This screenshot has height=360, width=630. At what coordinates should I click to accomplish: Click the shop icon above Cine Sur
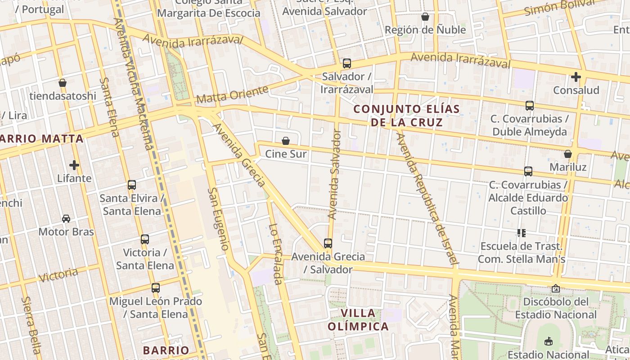[285, 141]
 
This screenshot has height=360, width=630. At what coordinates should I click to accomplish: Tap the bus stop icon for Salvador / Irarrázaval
[346, 63]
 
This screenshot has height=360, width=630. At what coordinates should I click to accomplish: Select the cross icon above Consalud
[576, 77]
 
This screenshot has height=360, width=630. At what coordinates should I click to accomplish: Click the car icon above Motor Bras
[66, 219]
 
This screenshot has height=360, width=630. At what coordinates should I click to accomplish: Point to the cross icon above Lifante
[74, 165]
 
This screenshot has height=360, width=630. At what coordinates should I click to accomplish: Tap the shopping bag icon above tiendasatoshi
[63, 83]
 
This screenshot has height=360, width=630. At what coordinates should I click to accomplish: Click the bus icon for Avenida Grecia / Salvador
[328, 243]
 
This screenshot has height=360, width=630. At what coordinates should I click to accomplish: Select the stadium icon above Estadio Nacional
[548, 342]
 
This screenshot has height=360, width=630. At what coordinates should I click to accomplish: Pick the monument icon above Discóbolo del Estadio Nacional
[556, 288]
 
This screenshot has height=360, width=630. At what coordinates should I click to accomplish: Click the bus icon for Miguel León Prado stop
[156, 288]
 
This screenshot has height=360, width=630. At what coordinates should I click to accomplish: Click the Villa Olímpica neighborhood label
[358, 319]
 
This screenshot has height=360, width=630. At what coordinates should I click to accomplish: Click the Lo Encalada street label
[274, 254]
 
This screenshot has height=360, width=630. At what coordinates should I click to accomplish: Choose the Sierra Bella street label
[31, 325]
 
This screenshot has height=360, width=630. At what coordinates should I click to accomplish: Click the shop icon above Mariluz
[568, 154]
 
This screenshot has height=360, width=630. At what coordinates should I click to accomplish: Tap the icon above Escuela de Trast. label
[522, 233]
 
